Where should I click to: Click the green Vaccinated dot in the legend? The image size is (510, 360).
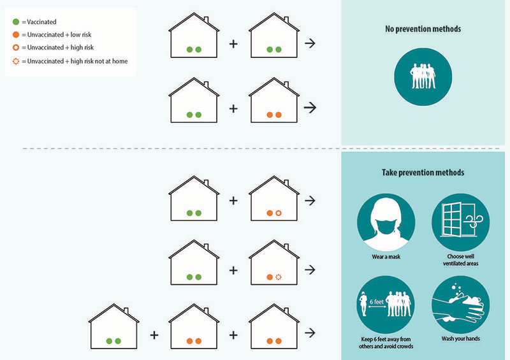15,22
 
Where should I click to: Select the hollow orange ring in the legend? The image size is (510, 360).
15,48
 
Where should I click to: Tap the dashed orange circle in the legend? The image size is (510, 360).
15,61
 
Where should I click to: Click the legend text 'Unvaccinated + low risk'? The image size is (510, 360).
59,34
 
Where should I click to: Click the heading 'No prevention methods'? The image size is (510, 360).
423,29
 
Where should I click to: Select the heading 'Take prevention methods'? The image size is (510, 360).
423,173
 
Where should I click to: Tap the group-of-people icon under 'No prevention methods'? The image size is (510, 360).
423,76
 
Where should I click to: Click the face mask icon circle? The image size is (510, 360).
386,222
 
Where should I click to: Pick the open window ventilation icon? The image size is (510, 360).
460,222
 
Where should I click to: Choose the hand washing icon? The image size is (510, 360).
460,305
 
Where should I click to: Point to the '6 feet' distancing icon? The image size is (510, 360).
386,305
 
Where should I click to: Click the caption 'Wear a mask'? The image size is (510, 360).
386,257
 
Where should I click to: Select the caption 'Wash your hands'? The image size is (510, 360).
460,338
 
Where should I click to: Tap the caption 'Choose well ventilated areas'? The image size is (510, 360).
460,260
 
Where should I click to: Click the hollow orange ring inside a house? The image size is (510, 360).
279,213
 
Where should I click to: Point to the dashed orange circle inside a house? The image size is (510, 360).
279,277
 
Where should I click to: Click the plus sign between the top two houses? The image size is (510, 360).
233,43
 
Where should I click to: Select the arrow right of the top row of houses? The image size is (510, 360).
310,43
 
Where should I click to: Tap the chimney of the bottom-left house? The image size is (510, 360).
126,311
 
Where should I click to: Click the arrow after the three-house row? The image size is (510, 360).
310,333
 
